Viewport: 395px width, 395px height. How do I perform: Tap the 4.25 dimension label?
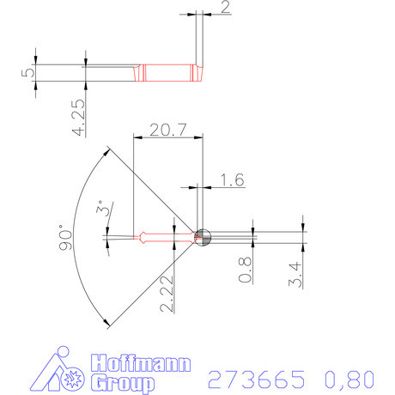click(x=79, y=118)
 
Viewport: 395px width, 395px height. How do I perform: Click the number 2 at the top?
click(x=225, y=8)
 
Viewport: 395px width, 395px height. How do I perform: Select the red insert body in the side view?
click(x=167, y=73)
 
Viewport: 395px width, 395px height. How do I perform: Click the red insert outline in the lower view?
click(x=155, y=236)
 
